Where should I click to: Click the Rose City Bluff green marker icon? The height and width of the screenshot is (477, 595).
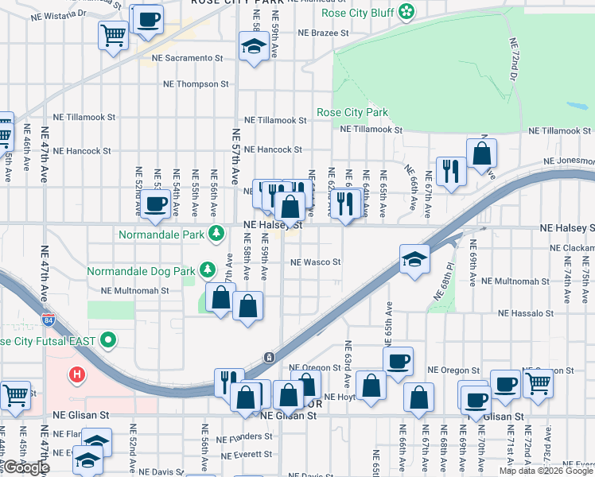(x=406, y=11)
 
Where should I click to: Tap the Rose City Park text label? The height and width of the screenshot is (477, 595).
(x=352, y=112)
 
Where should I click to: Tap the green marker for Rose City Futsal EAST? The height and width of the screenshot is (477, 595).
(x=109, y=341)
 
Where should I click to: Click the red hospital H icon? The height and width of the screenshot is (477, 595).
(x=76, y=374)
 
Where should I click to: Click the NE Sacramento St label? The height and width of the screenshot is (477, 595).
(x=191, y=58)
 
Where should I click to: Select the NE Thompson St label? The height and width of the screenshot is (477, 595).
(x=196, y=83)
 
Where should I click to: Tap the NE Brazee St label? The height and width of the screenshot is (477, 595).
(x=324, y=33)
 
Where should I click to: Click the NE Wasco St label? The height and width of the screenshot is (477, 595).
(x=316, y=262)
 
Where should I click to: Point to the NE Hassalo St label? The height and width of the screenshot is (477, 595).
(x=526, y=314)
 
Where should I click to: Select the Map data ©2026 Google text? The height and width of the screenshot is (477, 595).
(x=546, y=471)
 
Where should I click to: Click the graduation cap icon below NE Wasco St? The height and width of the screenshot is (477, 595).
(x=414, y=262)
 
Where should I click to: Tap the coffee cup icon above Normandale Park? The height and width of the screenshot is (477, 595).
(x=156, y=204)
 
